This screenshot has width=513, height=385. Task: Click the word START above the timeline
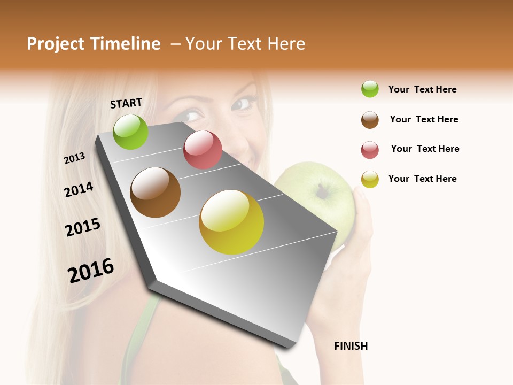pos(126,103)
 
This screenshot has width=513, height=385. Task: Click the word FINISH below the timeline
pos(351,346)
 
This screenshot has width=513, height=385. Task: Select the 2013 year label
pos(74,158)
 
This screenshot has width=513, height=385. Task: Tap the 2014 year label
pos(79,189)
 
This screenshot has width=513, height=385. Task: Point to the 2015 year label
pos(83,227)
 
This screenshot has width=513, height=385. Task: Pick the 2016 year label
pos(91,271)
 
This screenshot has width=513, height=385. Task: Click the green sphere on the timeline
pos(130,132)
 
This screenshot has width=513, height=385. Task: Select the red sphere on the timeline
pos(203,150)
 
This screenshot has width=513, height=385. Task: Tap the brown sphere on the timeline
pos(155,192)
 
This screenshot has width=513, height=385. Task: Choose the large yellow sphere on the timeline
pos(231,222)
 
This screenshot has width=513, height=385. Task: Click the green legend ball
pos(370,89)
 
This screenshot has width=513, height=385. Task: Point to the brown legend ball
pos(370,120)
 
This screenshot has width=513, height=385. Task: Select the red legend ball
pos(370,150)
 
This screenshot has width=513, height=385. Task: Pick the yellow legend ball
pos(370,179)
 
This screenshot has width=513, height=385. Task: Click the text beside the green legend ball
pos(422,89)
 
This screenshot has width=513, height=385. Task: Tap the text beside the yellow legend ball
pos(422,179)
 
